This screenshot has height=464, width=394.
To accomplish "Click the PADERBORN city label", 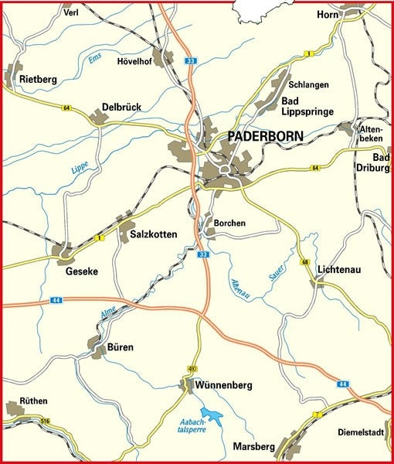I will [x=267, y=137].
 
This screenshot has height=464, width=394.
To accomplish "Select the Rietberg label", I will [x=37, y=79].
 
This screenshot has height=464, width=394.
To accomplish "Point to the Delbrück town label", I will [x=122, y=107].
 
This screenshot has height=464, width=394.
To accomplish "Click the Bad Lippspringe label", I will [x=307, y=107].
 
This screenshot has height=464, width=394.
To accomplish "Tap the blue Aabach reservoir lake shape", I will [x=211, y=418].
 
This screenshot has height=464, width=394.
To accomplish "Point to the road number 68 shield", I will [x=306, y=264].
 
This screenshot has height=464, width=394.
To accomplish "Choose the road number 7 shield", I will [x=315, y=417].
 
